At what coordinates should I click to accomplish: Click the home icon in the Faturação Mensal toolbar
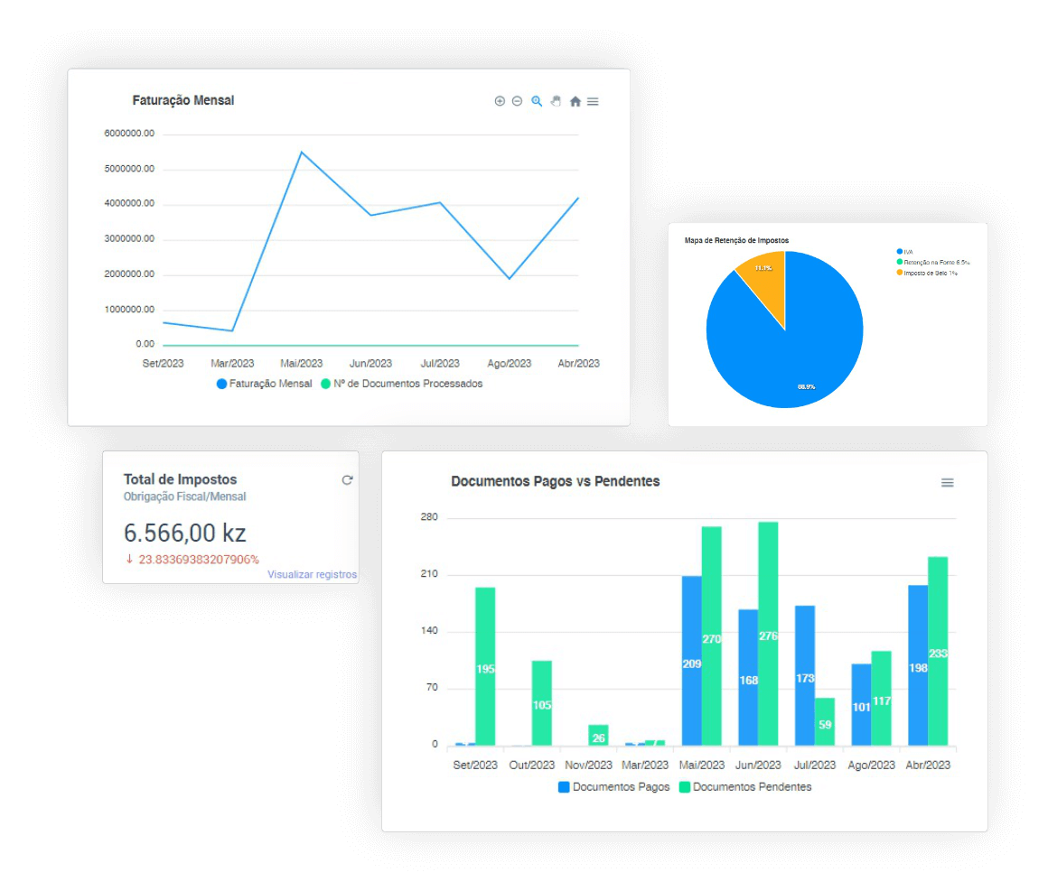(x=575, y=102)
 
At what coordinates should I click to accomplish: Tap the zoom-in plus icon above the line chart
(x=500, y=101)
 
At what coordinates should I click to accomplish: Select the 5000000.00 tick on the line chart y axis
(x=129, y=169)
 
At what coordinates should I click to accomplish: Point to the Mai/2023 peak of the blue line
(x=301, y=152)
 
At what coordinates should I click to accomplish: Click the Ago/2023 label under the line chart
(x=510, y=364)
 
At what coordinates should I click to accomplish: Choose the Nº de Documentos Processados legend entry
(x=402, y=384)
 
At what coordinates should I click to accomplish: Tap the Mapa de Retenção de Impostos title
(x=736, y=241)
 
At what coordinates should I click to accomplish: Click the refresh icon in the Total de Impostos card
(x=347, y=480)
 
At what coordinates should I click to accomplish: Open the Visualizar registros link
(x=312, y=574)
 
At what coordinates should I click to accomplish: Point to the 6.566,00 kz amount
(x=184, y=533)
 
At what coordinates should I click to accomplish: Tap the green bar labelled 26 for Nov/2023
(x=598, y=735)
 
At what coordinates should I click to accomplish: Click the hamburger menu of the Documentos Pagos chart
(x=947, y=483)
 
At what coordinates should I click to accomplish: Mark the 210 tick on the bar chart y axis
(x=428, y=575)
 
